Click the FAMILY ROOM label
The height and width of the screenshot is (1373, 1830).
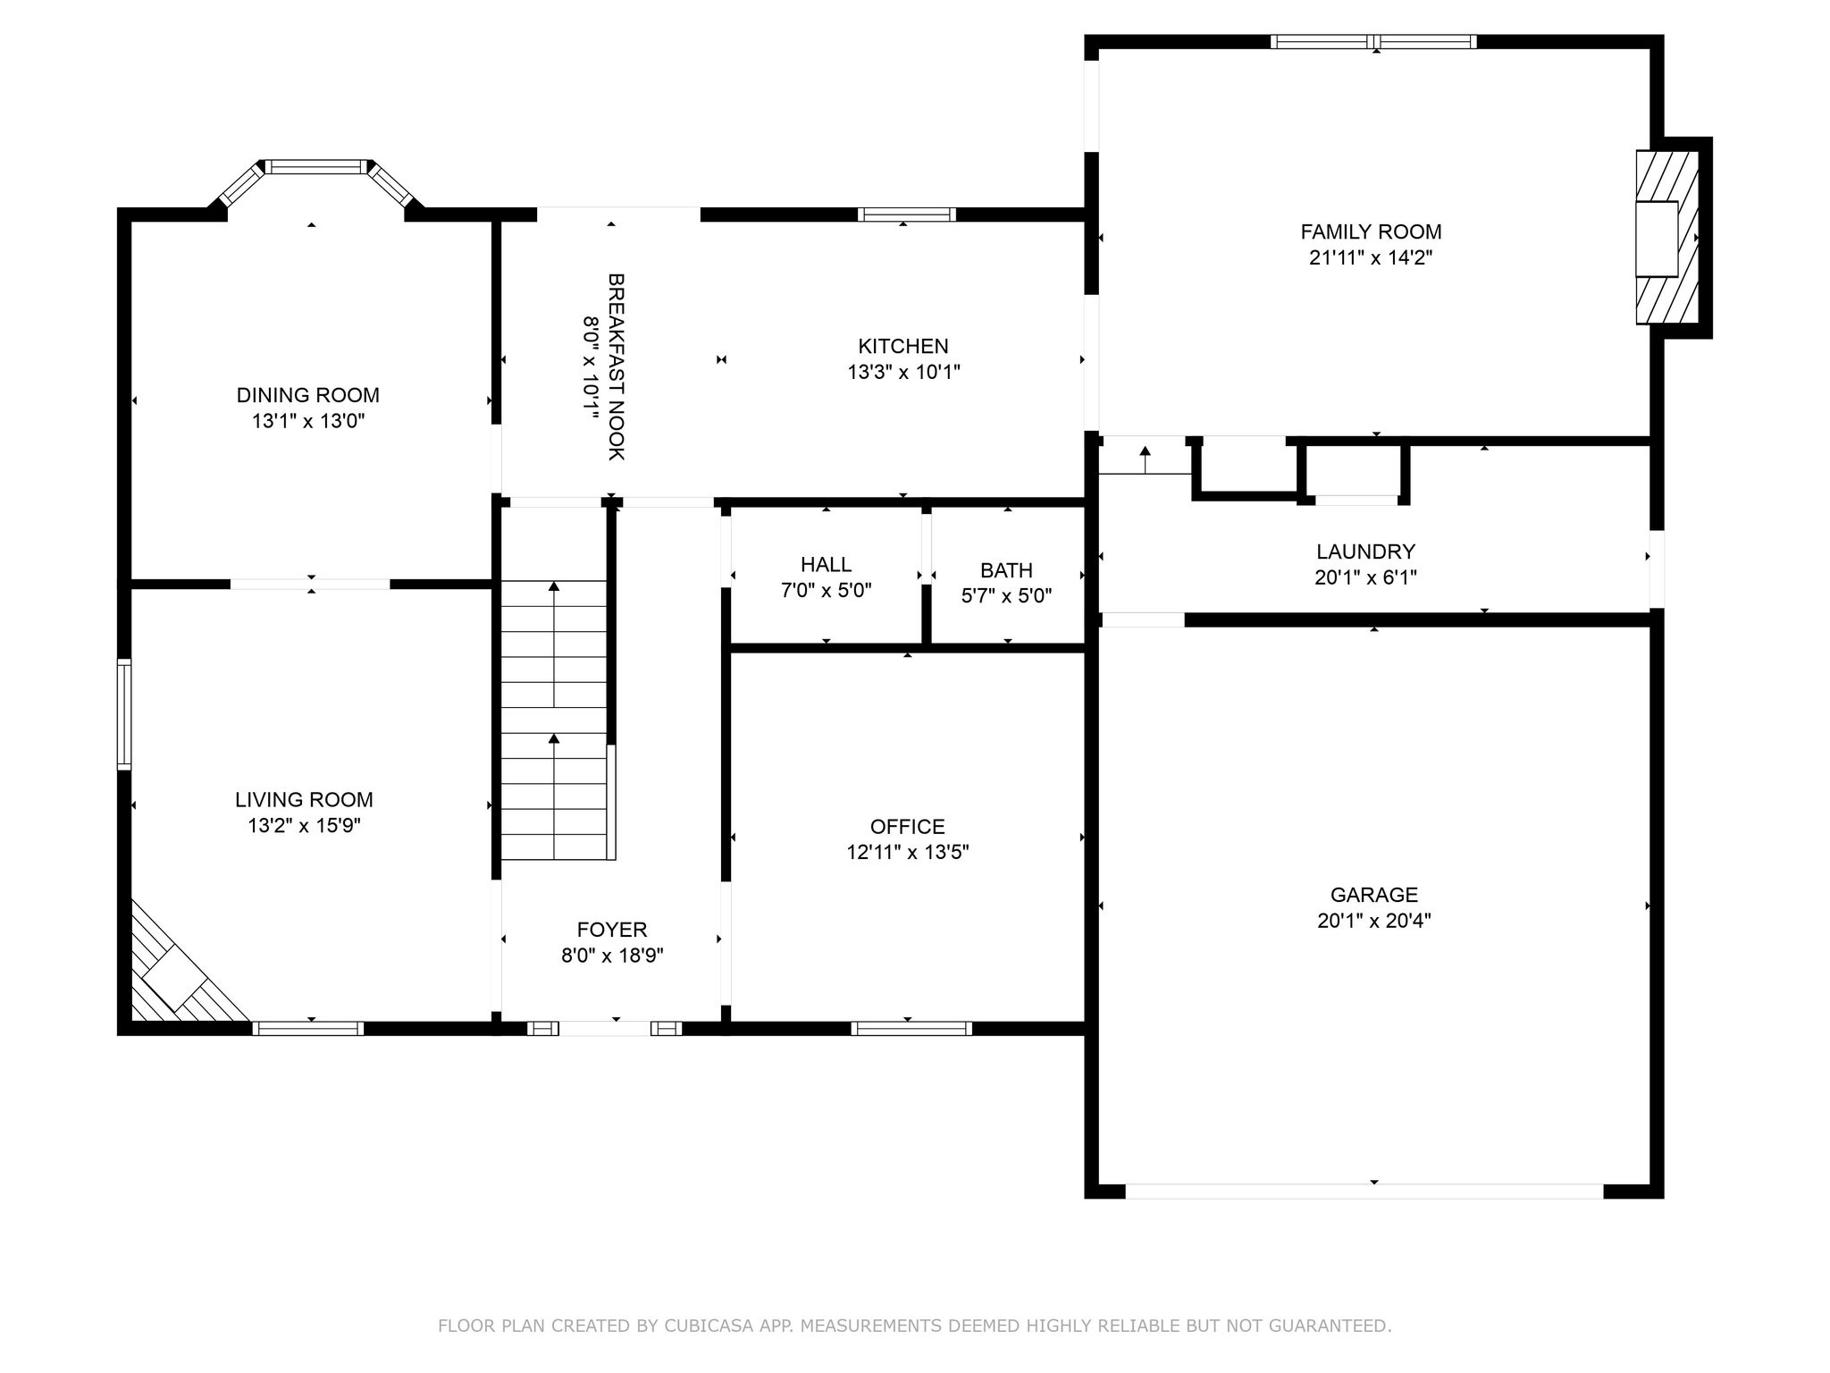point(1371,232)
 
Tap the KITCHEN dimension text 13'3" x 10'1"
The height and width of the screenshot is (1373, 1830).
point(903,372)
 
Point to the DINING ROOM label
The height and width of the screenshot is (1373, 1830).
point(308,395)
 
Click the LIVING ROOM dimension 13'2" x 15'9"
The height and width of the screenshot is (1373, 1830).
point(304,825)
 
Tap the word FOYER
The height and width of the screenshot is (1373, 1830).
point(612,930)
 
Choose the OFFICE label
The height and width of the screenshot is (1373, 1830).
point(908,827)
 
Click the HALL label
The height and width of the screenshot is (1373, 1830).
point(827,565)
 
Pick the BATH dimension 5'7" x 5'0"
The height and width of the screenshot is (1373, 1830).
point(1006,595)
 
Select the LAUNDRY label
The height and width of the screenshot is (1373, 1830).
point(1365,552)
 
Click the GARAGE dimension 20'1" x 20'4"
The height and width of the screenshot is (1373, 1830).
point(1374,921)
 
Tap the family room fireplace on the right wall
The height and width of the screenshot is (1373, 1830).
point(1667,238)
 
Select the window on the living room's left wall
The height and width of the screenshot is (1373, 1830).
point(124,714)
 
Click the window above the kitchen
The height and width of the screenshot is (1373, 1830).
point(907,215)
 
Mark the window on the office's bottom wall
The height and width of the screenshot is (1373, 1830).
point(911,1029)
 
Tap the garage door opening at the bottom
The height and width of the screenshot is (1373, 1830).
point(1364,1192)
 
